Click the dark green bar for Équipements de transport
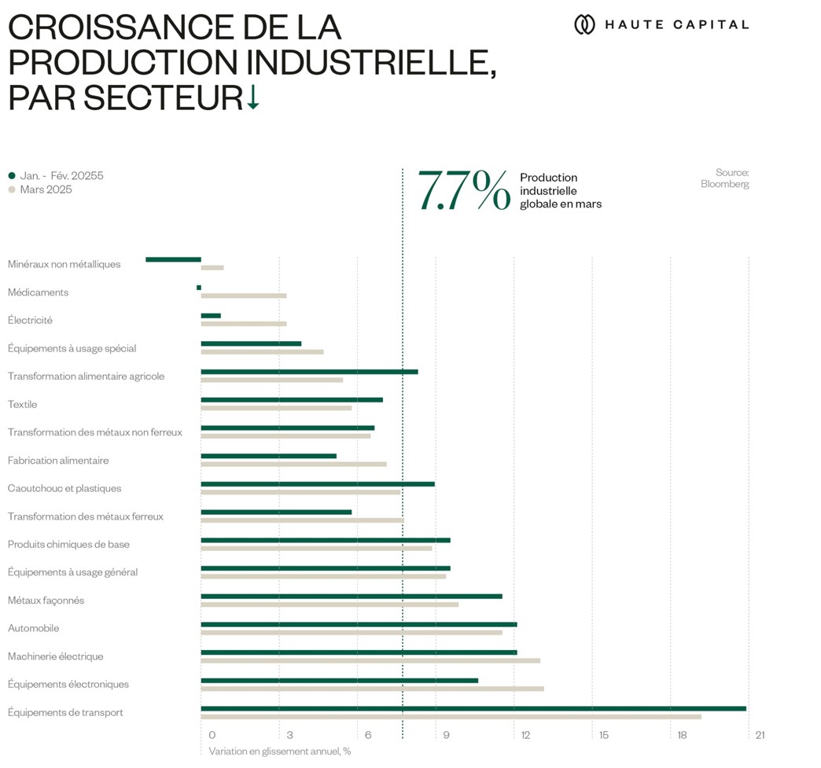(473, 708)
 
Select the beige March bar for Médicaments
(244, 296)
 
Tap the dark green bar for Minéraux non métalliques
(173, 259)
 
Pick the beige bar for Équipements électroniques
(372, 689)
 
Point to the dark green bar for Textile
(292, 399)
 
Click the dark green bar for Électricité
(211, 315)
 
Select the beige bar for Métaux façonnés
(330, 604)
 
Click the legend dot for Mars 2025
(12, 189)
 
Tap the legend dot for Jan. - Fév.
(12, 176)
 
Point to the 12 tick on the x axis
(525, 735)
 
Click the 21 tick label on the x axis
(760, 735)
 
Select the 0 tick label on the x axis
(212, 735)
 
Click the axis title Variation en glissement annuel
(279, 751)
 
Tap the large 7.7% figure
(464, 191)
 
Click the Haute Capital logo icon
(584, 24)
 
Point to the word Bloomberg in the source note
(724, 184)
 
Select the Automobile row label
(34, 628)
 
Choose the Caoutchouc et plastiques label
(64, 488)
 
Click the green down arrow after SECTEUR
(252, 97)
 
